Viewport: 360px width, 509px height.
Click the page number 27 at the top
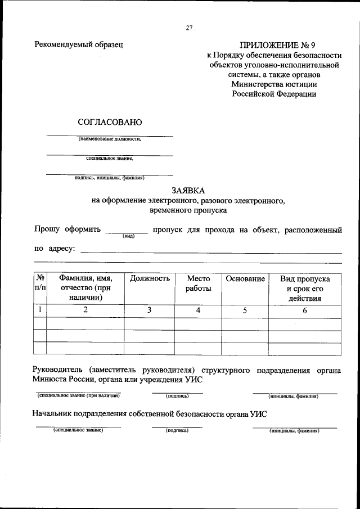point(190,30)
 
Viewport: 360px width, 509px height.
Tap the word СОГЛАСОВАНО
point(106,121)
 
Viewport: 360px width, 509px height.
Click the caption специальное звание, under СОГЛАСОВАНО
point(110,159)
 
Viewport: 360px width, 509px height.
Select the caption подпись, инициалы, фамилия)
point(110,178)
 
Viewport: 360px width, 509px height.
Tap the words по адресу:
point(55,249)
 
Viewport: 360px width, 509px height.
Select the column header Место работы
point(198,283)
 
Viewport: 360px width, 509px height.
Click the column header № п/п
point(40,283)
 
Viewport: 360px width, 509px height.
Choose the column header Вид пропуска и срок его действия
point(304,289)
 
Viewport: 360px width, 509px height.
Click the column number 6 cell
point(304,310)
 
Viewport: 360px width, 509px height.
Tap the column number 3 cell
point(149,310)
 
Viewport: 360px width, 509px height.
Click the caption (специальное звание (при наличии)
point(78,396)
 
